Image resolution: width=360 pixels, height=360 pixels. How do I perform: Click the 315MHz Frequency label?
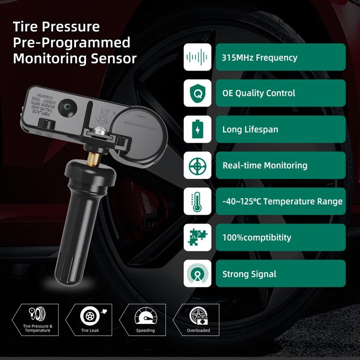pyautogui.click(x=260, y=58)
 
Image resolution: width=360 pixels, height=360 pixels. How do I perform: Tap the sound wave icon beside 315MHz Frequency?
pyautogui.click(x=197, y=57)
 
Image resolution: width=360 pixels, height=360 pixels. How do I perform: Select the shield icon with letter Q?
pyautogui.click(x=197, y=93)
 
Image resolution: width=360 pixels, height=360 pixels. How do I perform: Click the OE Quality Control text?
pyautogui.click(x=259, y=93)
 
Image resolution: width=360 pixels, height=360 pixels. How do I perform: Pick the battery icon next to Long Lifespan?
pyautogui.click(x=197, y=130)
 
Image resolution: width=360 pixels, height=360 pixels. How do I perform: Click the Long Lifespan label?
pyautogui.click(x=250, y=130)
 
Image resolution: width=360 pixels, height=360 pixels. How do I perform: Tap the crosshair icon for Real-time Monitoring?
pyautogui.click(x=197, y=166)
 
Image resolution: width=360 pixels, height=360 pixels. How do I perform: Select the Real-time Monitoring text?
pyautogui.click(x=265, y=166)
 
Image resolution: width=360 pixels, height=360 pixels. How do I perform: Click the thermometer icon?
pyautogui.click(x=197, y=202)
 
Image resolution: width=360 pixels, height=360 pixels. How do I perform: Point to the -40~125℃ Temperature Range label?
pyautogui.click(x=282, y=202)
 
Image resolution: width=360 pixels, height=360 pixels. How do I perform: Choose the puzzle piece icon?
pyautogui.click(x=197, y=238)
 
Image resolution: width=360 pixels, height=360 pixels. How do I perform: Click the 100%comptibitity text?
pyautogui.click(x=256, y=238)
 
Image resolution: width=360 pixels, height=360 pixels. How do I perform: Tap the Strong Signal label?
pyautogui.click(x=249, y=274)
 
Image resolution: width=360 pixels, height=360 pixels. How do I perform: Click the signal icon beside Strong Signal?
pyautogui.click(x=197, y=274)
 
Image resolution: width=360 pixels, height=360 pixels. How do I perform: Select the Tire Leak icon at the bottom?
pyautogui.click(x=90, y=316)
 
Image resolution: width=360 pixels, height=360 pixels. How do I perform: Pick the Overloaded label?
pyautogui.click(x=198, y=331)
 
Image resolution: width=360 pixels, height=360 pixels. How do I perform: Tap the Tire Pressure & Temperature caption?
pyautogui.click(x=38, y=328)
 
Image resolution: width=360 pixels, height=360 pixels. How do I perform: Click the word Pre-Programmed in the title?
pyautogui.click(x=72, y=43)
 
